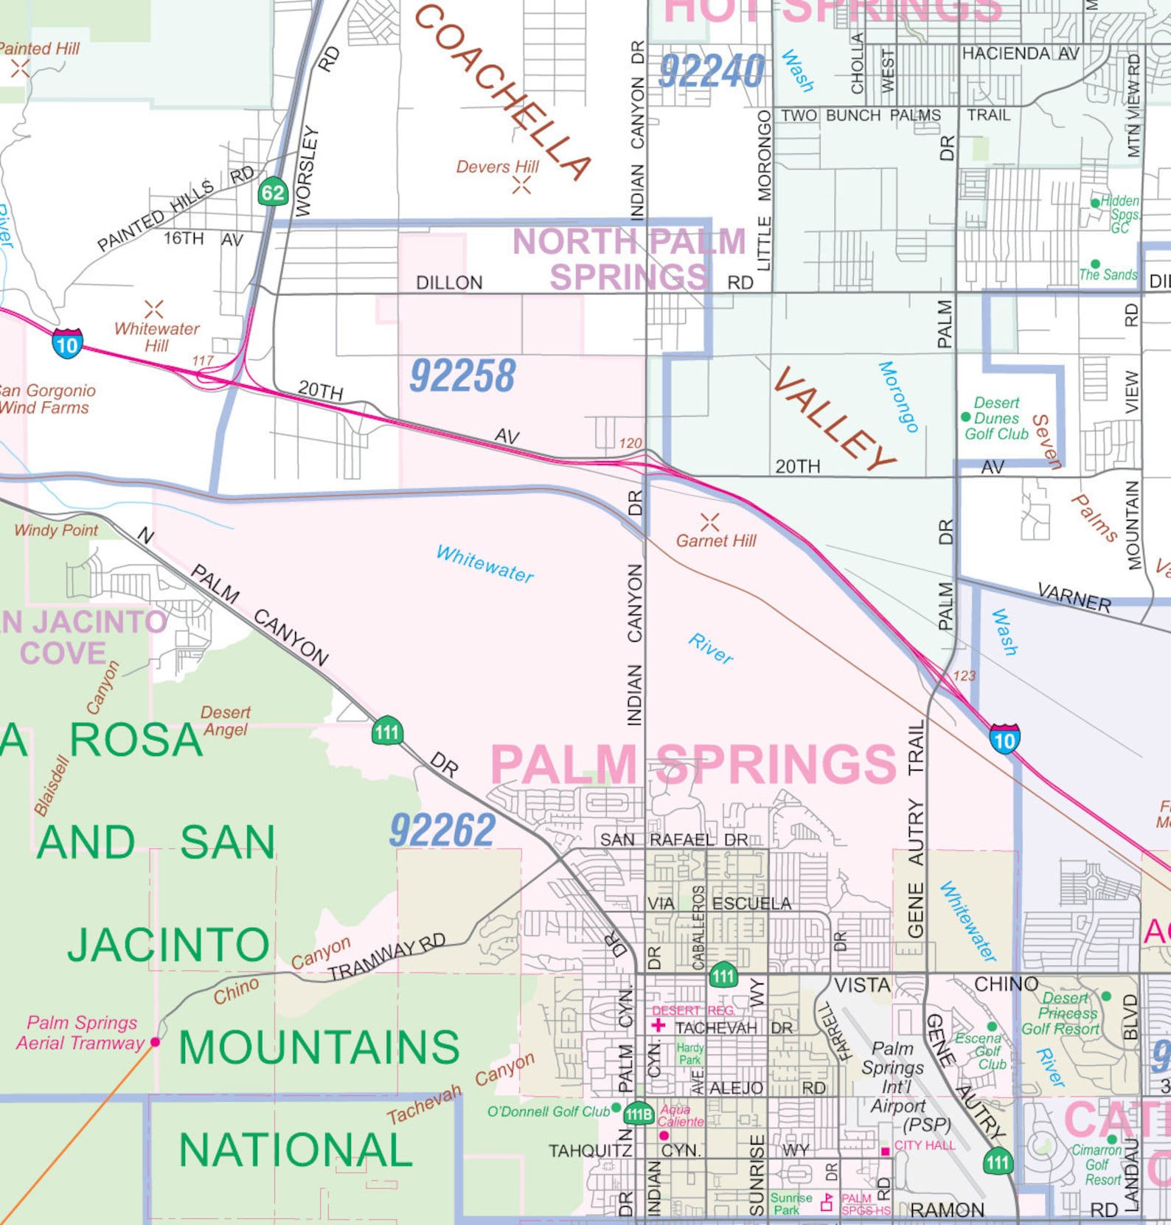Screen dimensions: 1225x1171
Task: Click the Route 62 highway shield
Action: click(x=273, y=193)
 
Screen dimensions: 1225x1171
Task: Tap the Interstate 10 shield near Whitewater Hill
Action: click(x=67, y=344)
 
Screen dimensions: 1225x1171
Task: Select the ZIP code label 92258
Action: click(x=462, y=376)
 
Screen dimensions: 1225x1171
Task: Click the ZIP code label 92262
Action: click(x=442, y=831)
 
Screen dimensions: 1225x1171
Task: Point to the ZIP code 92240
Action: click(x=711, y=72)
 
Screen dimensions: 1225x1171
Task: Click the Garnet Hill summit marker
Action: click(x=709, y=522)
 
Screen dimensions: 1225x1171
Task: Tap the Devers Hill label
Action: click(x=497, y=167)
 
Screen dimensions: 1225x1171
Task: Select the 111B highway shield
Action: click(x=639, y=1114)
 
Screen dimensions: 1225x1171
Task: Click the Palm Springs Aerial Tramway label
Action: click(x=80, y=1033)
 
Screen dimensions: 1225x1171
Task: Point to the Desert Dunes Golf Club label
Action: click(x=996, y=418)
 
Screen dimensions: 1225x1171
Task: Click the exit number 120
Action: click(x=630, y=443)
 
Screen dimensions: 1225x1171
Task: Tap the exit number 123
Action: click(x=964, y=676)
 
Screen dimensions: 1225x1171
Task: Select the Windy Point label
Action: click(x=56, y=530)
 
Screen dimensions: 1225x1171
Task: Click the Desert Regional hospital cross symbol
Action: click(x=659, y=1025)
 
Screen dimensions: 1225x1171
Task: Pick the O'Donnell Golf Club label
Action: click(x=548, y=1111)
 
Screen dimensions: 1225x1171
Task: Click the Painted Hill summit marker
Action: click(x=20, y=69)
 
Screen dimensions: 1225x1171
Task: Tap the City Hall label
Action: click(x=925, y=1145)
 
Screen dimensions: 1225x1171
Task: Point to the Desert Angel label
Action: click(x=226, y=721)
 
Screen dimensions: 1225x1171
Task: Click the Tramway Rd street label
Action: click(x=386, y=957)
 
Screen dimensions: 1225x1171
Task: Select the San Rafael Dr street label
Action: click(x=674, y=840)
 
